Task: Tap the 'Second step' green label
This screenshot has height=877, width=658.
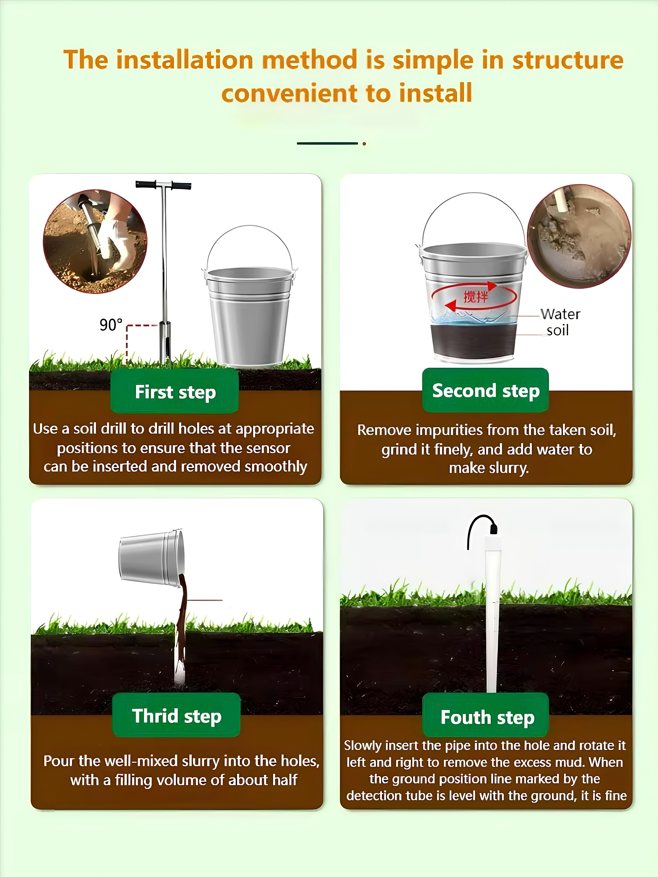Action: coord(486,390)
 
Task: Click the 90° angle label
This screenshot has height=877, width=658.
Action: coord(111,325)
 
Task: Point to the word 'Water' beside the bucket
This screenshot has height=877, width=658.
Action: coord(560,314)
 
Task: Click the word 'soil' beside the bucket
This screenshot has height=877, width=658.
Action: coord(558,330)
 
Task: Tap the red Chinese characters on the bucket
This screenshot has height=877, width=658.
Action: coord(476,296)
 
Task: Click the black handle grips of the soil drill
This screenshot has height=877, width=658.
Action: coord(163,185)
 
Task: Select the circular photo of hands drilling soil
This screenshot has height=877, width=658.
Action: coord(95,242)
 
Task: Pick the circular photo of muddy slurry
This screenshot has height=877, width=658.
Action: coord(579,236)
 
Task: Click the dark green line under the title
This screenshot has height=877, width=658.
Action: coord(327,143)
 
